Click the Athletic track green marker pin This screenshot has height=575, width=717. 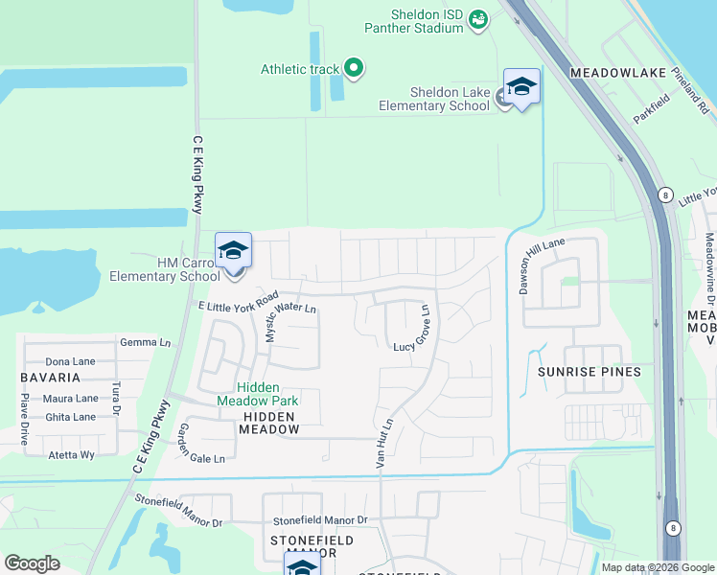354,68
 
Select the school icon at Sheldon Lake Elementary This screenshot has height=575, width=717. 521,87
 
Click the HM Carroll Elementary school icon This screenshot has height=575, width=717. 233,251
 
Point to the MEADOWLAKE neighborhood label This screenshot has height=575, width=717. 612,73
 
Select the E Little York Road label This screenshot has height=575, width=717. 238,301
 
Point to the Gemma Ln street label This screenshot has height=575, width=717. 145,342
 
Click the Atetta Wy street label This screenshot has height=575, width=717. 72,455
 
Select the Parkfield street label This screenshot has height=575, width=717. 651,108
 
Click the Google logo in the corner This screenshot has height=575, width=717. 32,563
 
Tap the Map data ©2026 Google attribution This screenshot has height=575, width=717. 657,567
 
